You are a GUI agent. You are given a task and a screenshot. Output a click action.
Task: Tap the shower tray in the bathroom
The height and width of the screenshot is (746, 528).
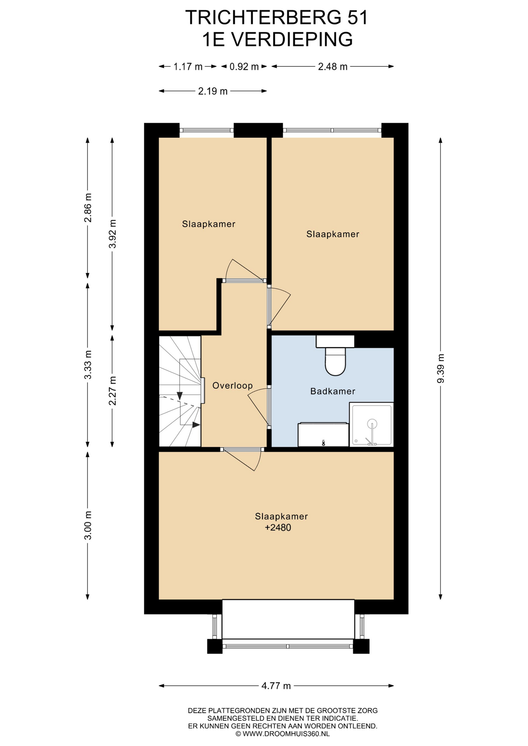pos(371,425)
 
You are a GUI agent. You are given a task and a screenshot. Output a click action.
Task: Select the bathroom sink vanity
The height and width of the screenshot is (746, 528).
pos(323,434)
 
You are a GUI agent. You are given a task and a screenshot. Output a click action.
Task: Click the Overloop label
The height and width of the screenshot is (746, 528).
pos(233,385)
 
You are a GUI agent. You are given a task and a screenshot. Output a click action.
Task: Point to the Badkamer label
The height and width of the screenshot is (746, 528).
pos(333,391)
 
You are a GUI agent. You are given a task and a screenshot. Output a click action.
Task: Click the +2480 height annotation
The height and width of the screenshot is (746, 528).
pos(278,528)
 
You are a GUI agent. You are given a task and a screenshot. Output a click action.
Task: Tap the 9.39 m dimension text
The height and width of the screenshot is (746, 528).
pos(441,368)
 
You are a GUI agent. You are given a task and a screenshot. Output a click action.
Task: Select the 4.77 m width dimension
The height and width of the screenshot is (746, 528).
pos(276,686)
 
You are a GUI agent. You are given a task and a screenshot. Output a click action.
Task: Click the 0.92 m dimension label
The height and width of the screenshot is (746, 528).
pos(244,66)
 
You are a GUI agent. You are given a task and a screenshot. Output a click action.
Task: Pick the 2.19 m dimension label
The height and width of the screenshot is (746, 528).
pos(213,91)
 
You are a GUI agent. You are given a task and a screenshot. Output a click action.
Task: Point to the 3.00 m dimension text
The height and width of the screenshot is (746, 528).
pos(88,525)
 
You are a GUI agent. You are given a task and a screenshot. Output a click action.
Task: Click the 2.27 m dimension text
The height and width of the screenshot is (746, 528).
pos(112,390)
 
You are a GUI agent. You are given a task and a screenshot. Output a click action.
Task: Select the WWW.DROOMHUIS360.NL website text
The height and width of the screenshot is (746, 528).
pos(286,734)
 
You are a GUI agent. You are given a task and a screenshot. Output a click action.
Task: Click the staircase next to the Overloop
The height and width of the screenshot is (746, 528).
pos(180,391)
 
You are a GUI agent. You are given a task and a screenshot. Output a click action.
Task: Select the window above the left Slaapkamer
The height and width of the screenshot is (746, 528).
pos(206,130)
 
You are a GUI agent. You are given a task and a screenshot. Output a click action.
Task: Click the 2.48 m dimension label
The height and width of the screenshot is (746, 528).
pos(333,66)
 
